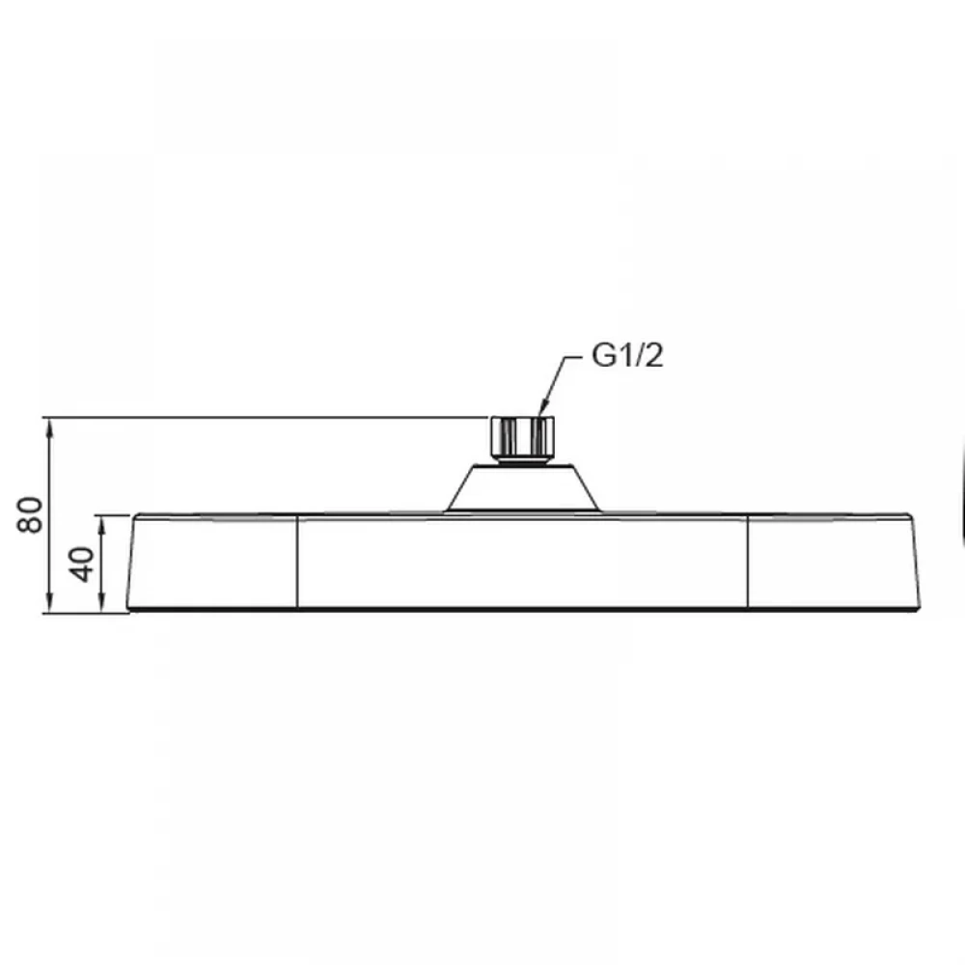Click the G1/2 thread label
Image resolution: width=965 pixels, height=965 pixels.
pyautogui.click(x=627, y=356)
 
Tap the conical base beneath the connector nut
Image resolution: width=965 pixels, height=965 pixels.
pyautogui.click(x=522, y=488)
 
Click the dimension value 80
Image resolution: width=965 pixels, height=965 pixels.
pyautogui.click(x=30, y=514)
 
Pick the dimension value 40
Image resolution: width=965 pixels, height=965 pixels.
pyautogui.click(x=82, y=565)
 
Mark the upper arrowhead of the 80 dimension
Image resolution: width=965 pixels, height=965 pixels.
pyautogui.click(x=49, y=427)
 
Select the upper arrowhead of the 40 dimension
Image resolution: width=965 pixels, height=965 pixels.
pyautogui.click(x=102, y=527)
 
